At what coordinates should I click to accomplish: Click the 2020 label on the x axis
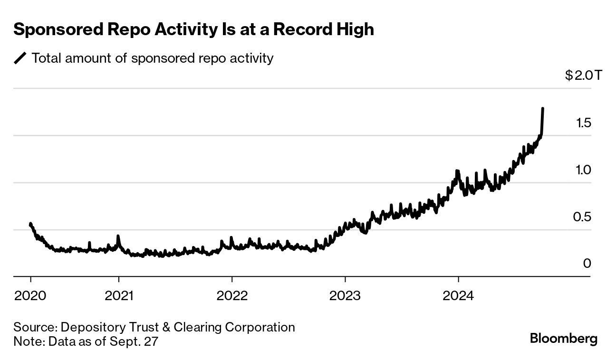click(30, 295)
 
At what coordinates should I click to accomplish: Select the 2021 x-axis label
click(119, 295)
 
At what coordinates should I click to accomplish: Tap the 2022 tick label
click(232, 295)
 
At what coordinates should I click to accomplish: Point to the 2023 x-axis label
click(345, 295)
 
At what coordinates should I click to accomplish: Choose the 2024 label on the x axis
click(458, 295)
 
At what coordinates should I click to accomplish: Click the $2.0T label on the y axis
click(583, 76)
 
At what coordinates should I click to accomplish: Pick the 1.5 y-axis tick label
click(583, 123)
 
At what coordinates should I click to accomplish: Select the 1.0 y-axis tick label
click(583, 170)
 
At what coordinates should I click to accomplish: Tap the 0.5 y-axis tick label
click(583, 217)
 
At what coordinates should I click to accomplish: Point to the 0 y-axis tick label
click(587, 263)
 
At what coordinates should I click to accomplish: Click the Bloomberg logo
click(563, 339)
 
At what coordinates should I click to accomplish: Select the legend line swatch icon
click(20, 58)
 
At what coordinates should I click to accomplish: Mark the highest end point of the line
click(543, 109)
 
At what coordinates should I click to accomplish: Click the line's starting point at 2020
click(30, 223)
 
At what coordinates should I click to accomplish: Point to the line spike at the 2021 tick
click(118, 236)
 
